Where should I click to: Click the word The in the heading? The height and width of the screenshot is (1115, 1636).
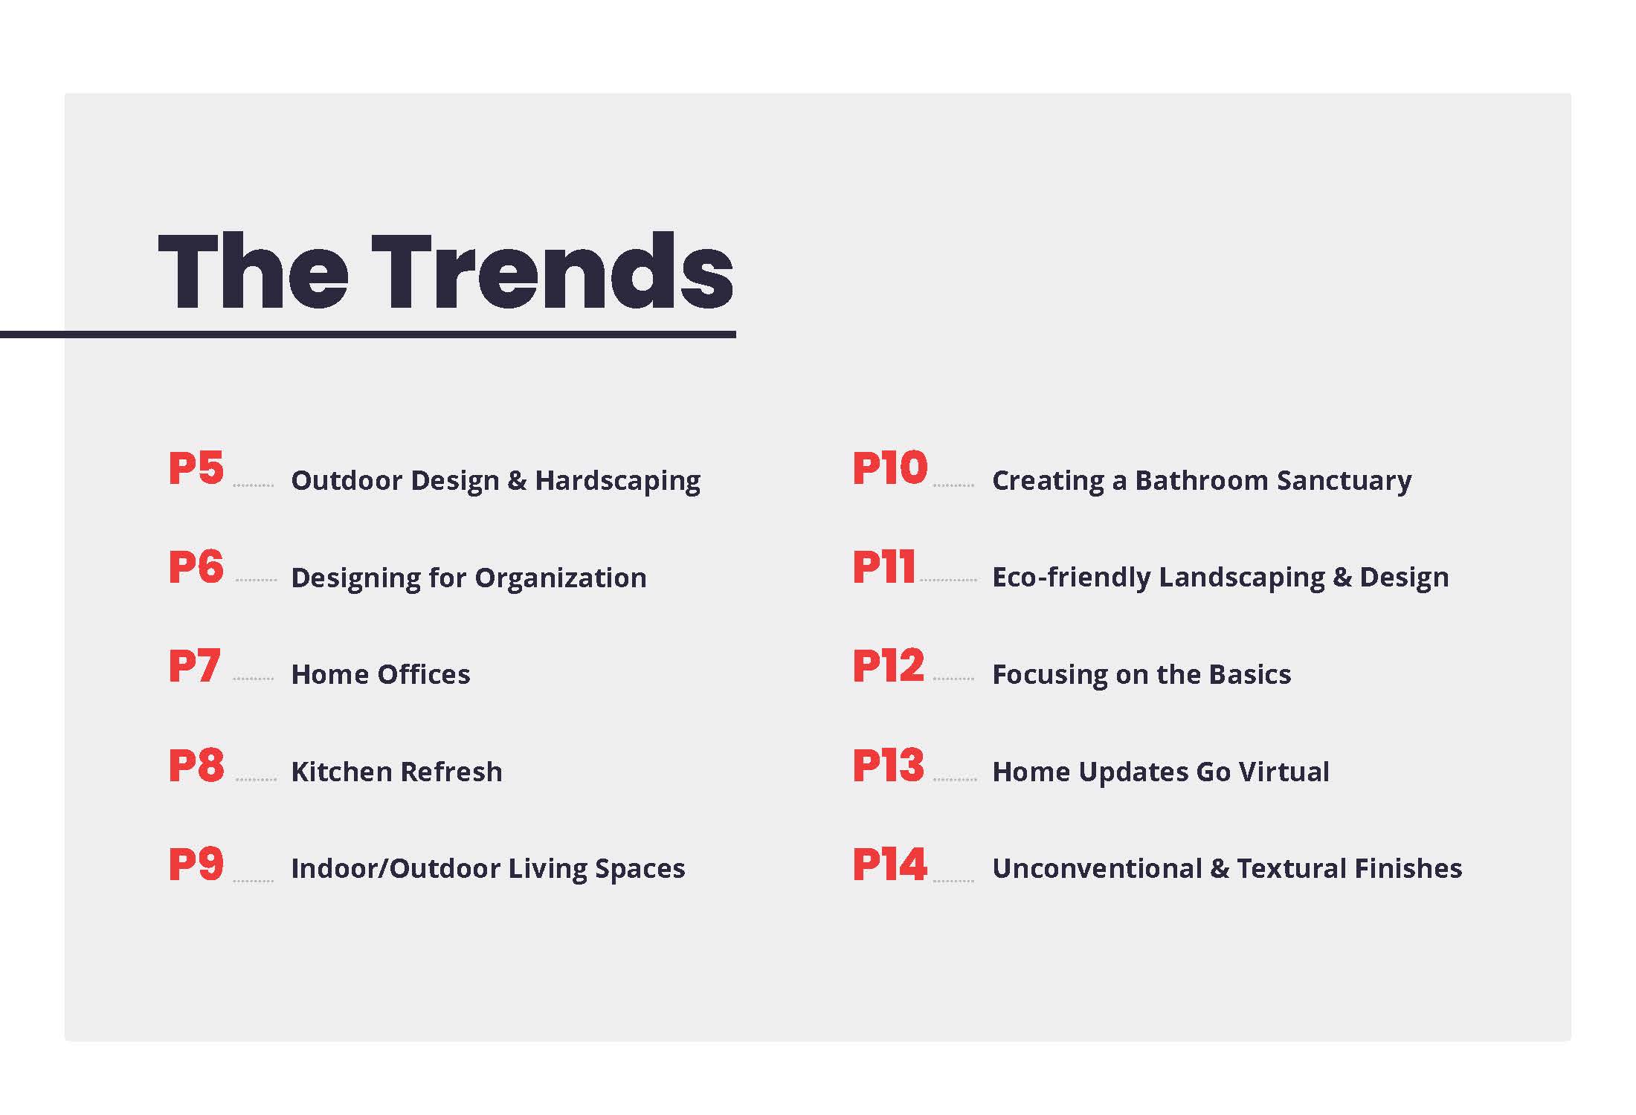point(253,271)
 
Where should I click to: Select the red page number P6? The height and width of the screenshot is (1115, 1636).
point(196,567)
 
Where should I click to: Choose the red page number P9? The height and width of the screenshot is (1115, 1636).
point(196,864)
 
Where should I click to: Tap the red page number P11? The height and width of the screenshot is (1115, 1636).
point(883,567)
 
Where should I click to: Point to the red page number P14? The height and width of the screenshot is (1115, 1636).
point(890,864)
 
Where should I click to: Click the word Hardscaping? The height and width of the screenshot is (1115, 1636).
point(617,482)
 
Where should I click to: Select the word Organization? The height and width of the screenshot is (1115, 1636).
point(561,578)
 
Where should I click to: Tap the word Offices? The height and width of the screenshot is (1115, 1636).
point(424,674)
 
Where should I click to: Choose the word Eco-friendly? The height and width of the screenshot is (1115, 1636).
point(1072,578)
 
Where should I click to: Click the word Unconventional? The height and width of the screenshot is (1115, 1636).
point(1097,868)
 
